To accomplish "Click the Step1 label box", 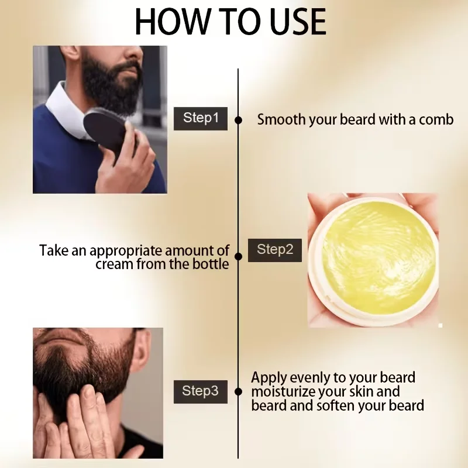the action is point(201,119).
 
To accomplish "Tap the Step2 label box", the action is point(275,250).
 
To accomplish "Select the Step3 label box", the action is point(201,391).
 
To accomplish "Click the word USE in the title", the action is point(298,22).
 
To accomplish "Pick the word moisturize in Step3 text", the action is point(283,391).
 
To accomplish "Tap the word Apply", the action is point(269,378).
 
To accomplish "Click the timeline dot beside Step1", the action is point(238,121).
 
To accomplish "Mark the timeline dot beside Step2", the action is point(238,256).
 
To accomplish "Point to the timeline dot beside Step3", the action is point(238,392).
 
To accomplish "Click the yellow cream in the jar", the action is point(377,257).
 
